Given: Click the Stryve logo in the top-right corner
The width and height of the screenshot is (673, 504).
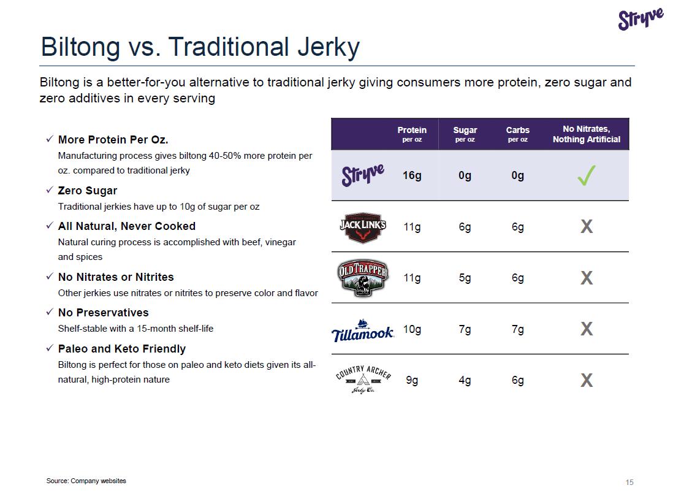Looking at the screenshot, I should point(641,19).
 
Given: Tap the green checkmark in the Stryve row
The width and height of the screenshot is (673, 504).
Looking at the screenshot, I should point(586,177).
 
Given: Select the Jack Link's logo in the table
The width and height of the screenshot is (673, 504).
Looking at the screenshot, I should point(363,227).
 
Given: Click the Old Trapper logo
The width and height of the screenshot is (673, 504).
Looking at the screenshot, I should point(363,278).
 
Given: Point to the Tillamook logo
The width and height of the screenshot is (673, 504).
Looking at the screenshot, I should point(363,331).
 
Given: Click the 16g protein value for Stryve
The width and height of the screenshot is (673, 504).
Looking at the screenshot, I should point(412,176).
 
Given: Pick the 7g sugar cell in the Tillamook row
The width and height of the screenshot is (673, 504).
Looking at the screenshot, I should point(465,330).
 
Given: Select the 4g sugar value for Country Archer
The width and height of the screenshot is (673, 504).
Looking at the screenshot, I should point(465,381).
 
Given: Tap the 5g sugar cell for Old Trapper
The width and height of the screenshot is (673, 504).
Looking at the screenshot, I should point(465,278).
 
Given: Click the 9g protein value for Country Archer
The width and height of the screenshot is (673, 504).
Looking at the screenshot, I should point(412,381).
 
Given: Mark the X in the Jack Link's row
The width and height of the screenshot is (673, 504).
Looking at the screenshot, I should point(586,227).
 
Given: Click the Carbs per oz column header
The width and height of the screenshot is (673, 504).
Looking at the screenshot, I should point(517,134).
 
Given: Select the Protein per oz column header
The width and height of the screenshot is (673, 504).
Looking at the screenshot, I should point(412,134).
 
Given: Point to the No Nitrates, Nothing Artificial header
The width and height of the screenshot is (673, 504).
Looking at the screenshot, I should point(586,134).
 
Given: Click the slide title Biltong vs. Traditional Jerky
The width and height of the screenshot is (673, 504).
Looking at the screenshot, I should point(200,47).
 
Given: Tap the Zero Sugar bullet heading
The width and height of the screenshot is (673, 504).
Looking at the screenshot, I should point(87,191).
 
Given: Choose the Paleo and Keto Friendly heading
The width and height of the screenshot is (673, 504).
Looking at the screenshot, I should point(121,349).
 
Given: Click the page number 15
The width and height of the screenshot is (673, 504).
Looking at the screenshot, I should point(629,483).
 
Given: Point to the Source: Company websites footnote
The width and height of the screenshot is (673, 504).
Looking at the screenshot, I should point(86,481).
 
